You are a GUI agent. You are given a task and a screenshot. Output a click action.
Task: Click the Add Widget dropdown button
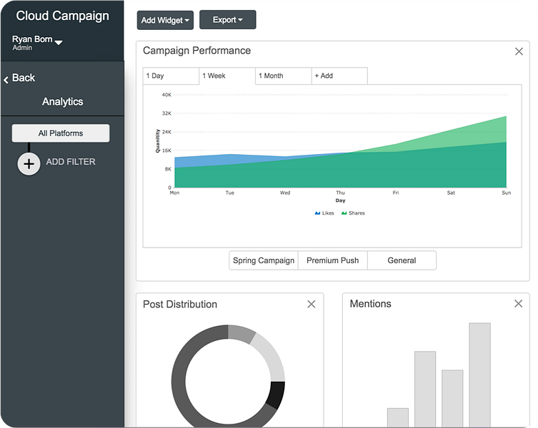[165, 20]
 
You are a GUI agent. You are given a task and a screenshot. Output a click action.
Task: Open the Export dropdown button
[227, 20]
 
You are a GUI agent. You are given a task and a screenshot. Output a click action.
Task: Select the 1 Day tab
[171, 76]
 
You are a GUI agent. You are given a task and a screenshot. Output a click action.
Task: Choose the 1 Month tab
[283, 76]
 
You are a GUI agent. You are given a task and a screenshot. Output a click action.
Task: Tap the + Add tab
[339, 76]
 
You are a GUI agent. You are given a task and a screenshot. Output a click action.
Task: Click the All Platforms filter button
[61, 133]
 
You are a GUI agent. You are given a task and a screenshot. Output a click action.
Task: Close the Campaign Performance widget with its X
[519, 51]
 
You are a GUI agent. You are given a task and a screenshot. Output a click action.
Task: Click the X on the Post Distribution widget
[312, 305]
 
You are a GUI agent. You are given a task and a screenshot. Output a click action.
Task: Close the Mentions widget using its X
[519, 304]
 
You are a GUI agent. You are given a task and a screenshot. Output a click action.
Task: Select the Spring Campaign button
[264, 260]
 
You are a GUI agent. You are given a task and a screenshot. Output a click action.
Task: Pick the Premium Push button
[332, 260]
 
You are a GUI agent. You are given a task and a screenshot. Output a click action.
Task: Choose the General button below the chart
[402, 260]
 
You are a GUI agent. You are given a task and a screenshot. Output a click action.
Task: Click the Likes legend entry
[324, 213]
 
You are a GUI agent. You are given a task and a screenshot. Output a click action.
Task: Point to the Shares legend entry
[353, 213]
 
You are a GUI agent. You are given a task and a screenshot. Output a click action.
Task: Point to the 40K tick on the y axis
[166, 94]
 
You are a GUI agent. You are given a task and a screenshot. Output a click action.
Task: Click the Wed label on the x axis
[285, 193]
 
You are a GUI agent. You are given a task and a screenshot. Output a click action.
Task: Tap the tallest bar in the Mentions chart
[479, 374]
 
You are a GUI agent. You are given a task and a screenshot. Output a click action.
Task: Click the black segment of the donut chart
[277, 394]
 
